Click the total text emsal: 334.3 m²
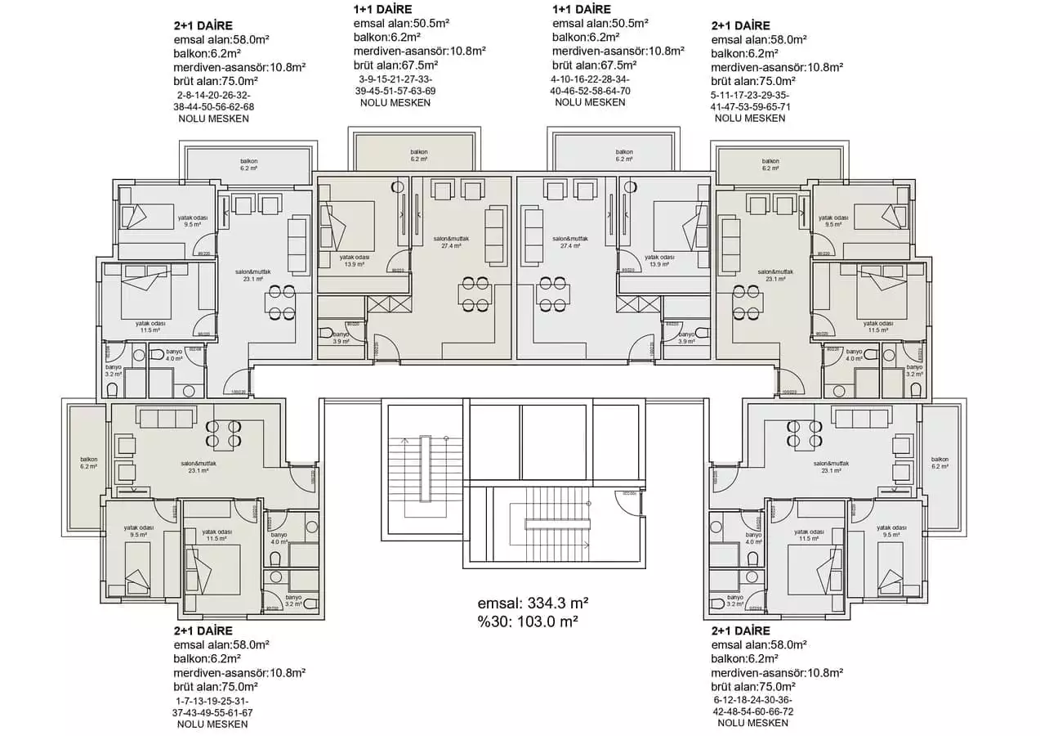tap(533, 603)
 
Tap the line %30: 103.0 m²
tap(528, 622)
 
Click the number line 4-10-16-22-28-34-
tap(590, 79)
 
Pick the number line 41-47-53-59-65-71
tap(750, 106)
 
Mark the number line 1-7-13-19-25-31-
tap(212, 701)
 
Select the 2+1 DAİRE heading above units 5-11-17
tap(740, 25)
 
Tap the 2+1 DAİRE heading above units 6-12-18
tap(740, 631)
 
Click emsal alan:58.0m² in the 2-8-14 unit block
tap(216, 39)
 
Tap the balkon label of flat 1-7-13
tap(89, 463)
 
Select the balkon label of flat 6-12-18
tap(940, 463)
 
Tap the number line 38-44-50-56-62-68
tap(213, 106)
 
